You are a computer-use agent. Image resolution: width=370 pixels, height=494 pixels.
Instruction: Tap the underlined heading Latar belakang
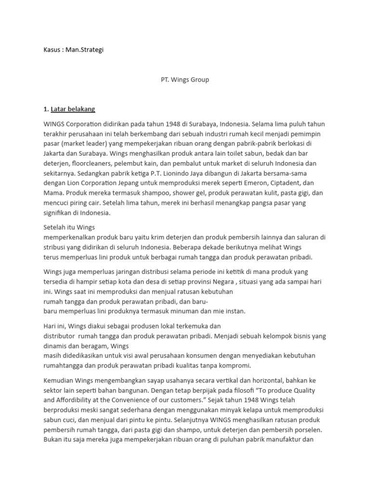[x=76, y=110]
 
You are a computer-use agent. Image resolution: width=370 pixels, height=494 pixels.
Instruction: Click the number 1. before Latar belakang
[x=46, y=110]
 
